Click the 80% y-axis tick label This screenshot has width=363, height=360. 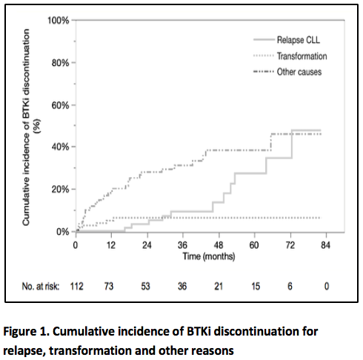point(59,63)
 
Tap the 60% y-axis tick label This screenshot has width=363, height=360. point(59,105)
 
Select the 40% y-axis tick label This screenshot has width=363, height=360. point(59,147)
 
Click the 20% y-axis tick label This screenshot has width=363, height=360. point(59,189)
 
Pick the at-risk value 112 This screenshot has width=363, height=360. point(76,284)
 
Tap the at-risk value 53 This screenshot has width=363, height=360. point(147,284)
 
